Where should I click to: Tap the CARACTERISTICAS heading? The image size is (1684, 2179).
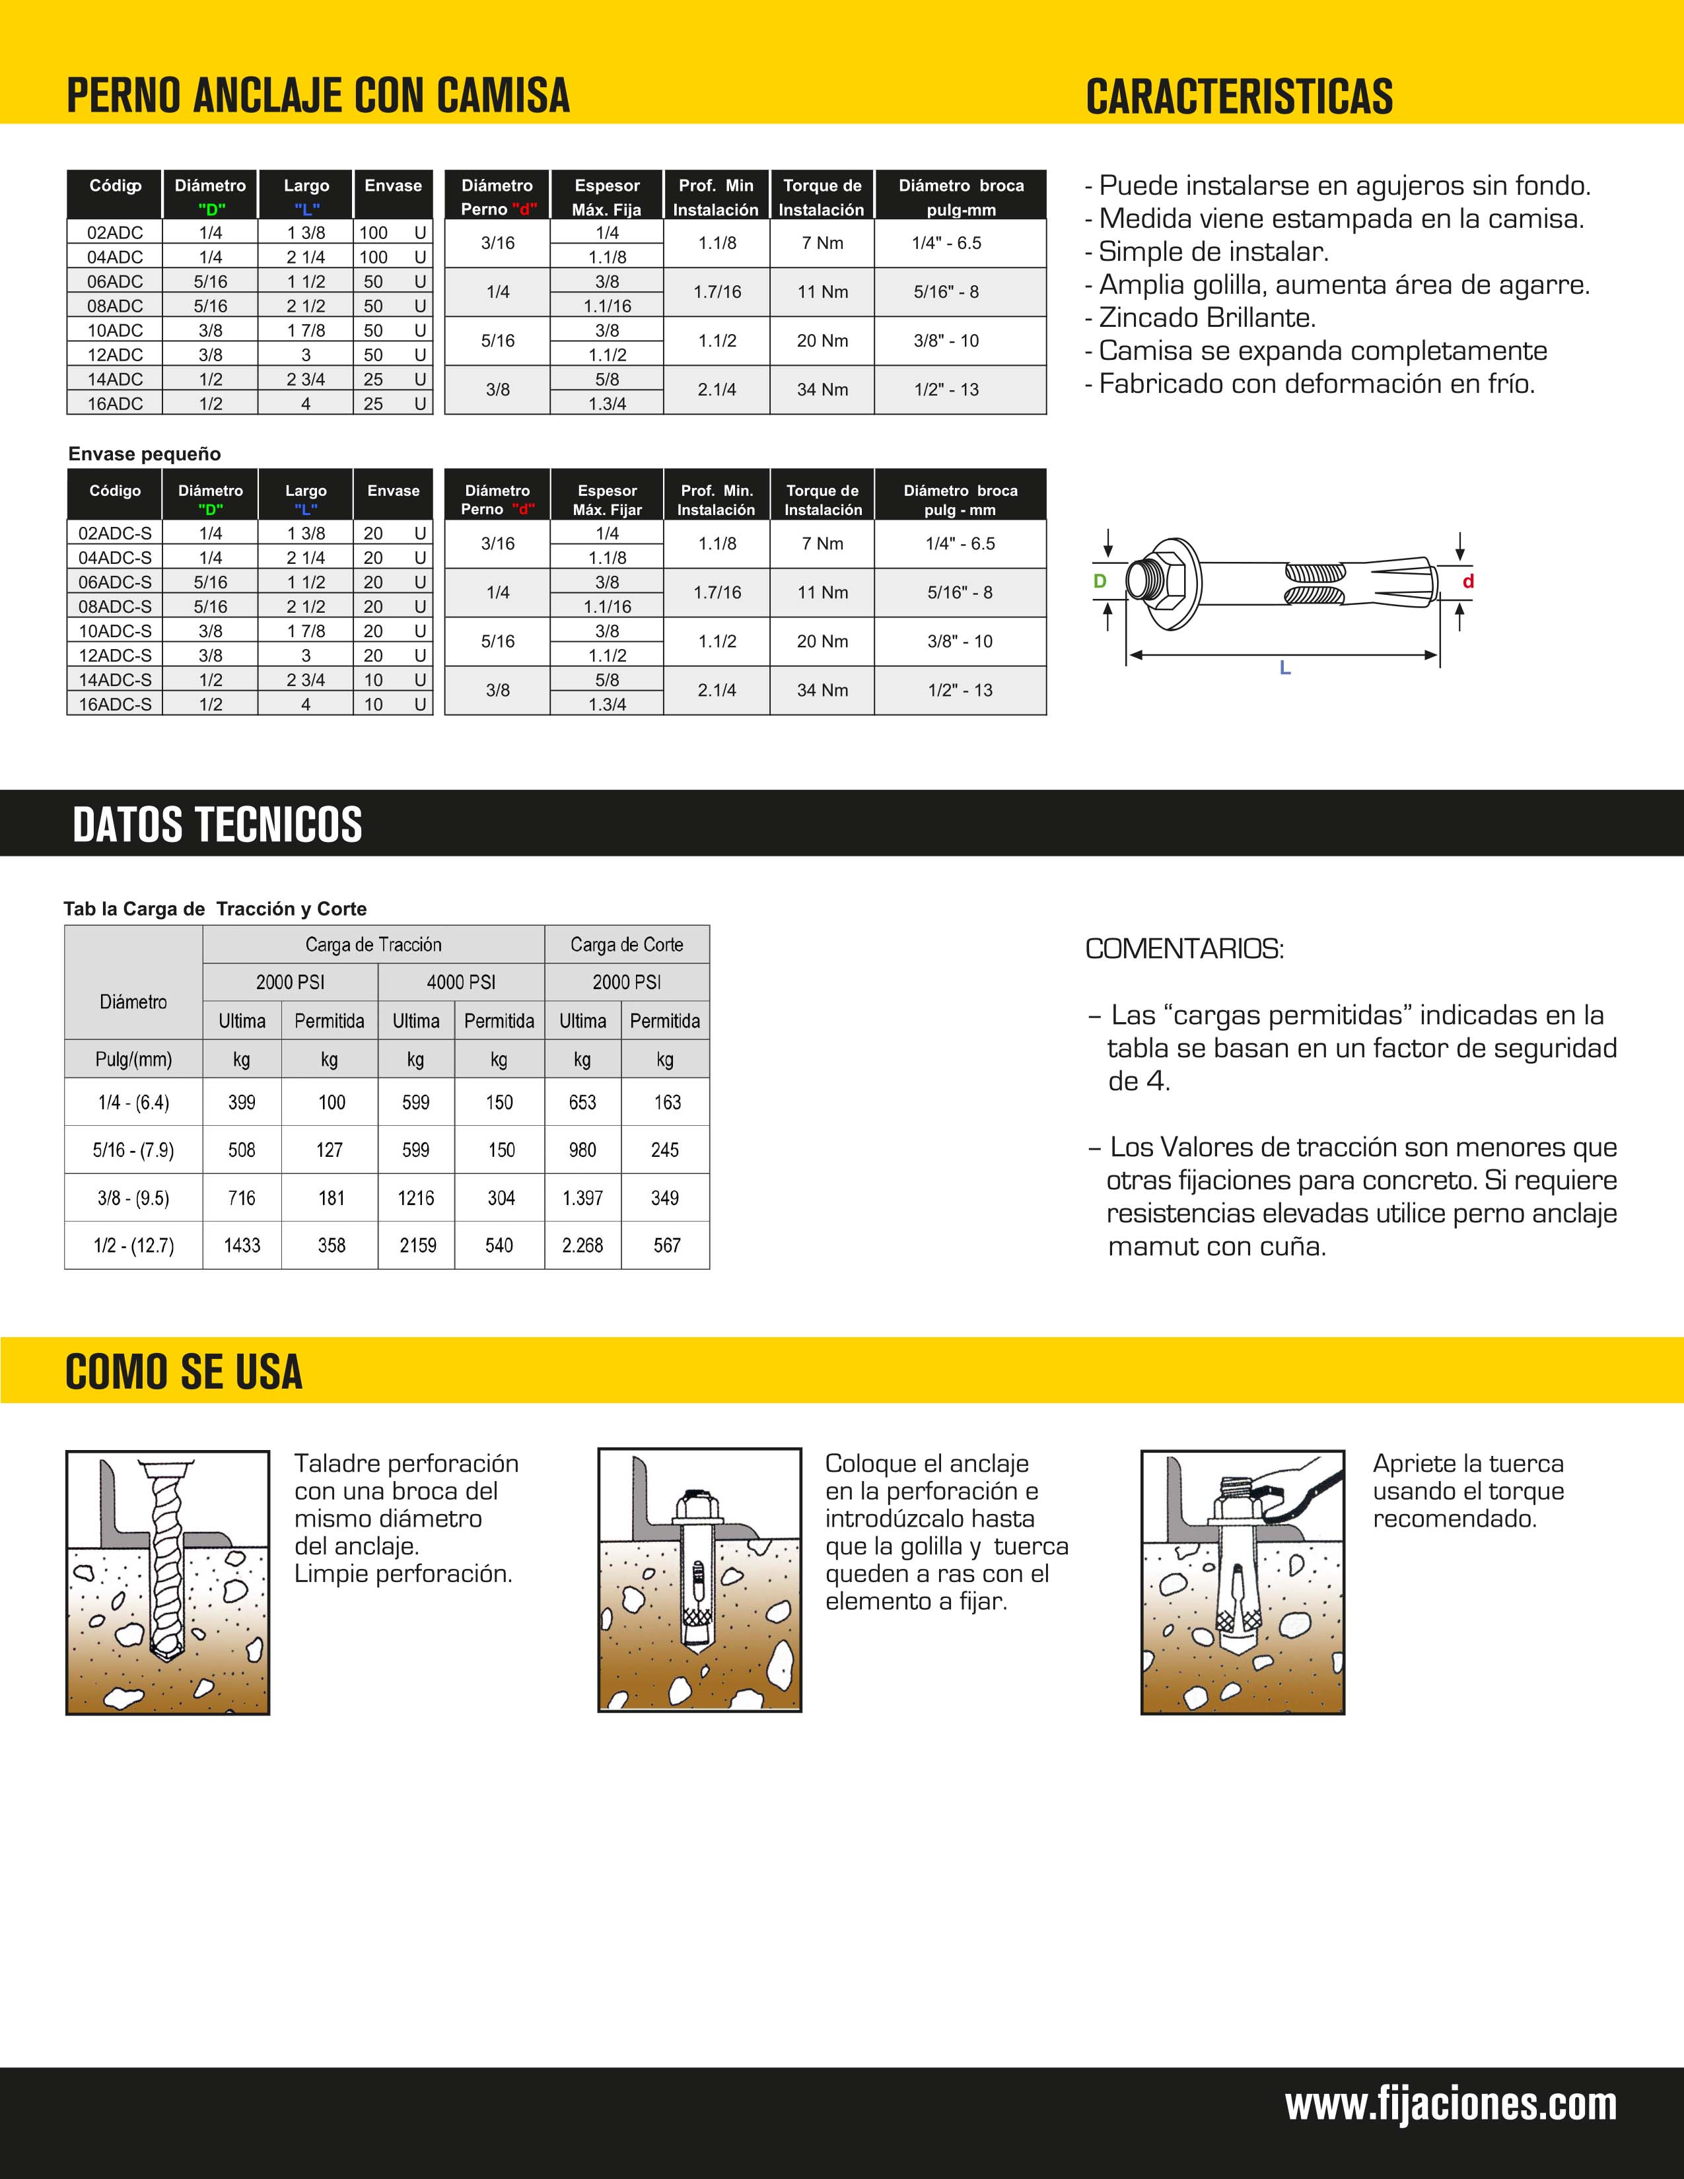coord(1239,97)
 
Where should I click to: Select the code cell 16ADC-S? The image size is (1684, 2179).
coord(115,705)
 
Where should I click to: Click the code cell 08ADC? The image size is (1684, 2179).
coord(115,306)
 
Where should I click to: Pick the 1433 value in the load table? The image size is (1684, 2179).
coord(242,1245)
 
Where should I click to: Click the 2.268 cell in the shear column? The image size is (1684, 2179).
coord(582,1245)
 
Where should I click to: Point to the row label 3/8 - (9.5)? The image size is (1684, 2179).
coord(133,1198)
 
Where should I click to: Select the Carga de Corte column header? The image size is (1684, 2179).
coord(627,945)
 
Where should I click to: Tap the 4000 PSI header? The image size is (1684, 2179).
coord(461,983)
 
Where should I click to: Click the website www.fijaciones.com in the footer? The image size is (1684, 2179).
coord(1451,2104)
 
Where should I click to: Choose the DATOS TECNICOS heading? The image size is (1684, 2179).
coord(217,825)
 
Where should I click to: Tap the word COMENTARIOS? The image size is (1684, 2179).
coord(1184,949)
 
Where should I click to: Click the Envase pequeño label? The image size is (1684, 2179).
coord(145,454)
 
